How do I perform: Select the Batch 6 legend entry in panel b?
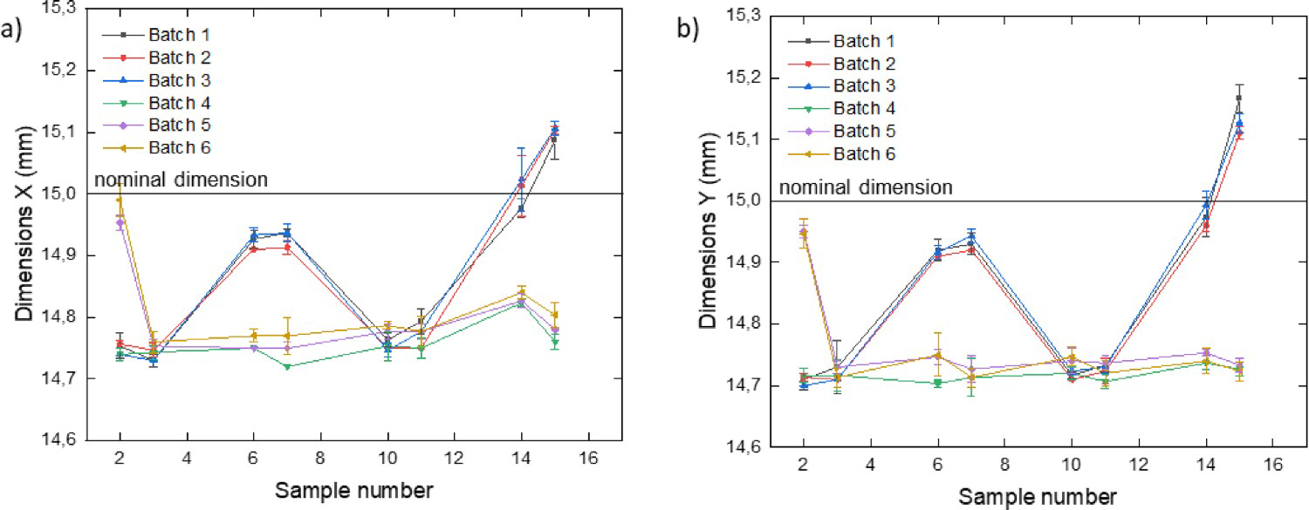pyautogui.click(x=865, y=153)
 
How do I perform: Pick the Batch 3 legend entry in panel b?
pyautogui.click(x=865, y=85)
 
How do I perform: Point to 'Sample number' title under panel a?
pyautogui.click(x=353, y=491)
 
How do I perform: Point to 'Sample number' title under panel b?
pyautogui.click(x=1038, y=497)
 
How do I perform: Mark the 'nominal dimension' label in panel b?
pyautogui.click(x=865, y=187)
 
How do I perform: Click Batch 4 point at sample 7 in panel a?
pyautogui.click(x=286, y=366)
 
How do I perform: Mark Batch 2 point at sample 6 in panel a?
pyautogui.click(x=253, y=249)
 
